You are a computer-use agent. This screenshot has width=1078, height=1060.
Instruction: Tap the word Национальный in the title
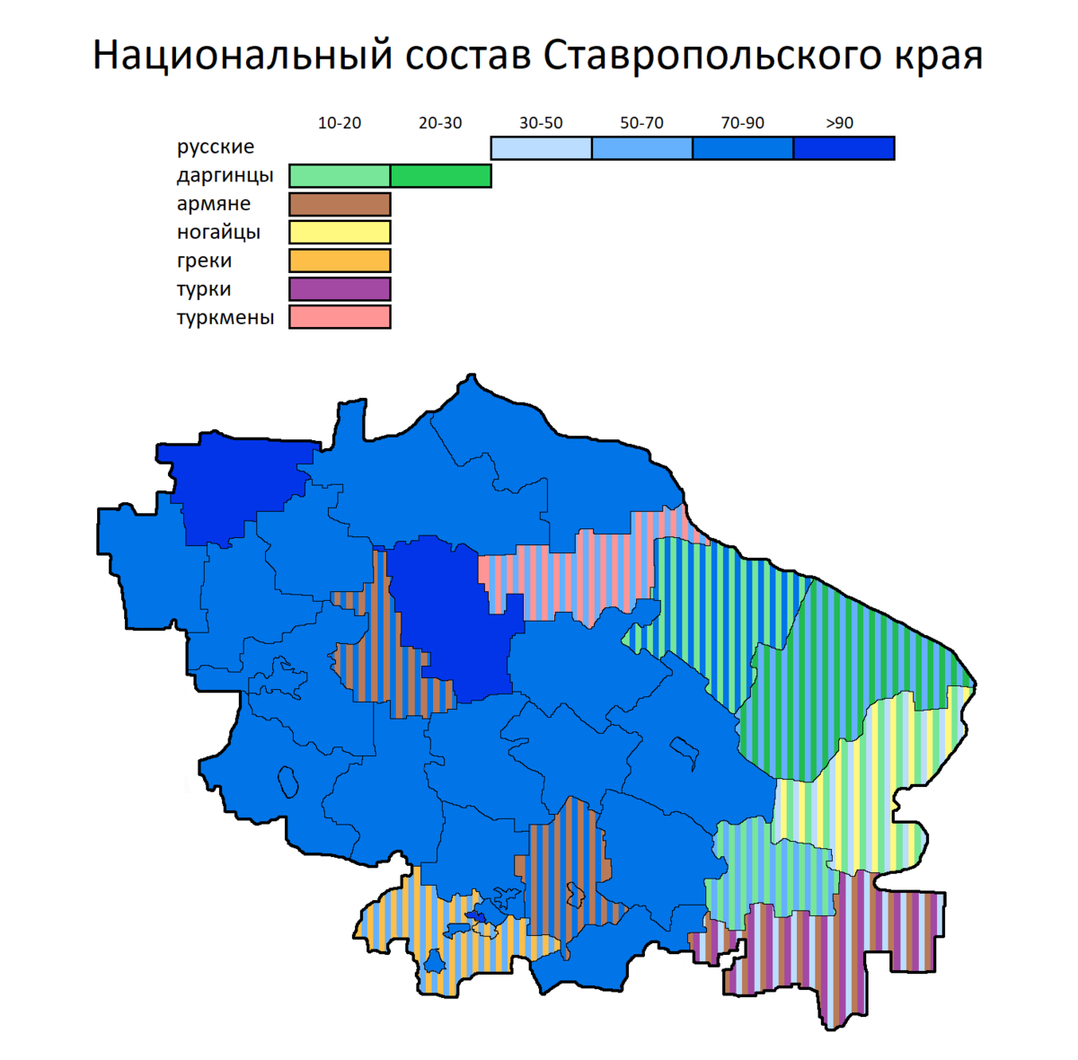point(243,57)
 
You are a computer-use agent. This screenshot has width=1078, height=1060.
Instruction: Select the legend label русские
point(216,146)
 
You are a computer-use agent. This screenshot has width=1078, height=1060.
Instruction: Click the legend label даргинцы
point(225,175)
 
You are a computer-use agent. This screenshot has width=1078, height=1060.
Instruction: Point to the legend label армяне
point(214,204)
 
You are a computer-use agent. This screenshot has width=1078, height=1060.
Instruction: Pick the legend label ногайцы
point(218,233)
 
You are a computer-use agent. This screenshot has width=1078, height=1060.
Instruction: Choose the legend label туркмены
point(225,317)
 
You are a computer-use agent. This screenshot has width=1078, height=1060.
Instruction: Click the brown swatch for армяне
point(340,204)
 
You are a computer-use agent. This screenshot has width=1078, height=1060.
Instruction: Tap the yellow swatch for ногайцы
point(340,233)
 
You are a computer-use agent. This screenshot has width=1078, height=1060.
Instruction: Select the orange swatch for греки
point(340,261)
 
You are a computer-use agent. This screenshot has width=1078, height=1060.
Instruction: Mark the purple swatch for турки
point(340,289)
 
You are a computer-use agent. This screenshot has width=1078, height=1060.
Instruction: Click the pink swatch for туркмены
point(340,317)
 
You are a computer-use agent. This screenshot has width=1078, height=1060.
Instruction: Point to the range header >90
point(839,123)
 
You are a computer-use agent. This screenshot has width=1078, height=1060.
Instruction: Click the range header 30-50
point(541,123)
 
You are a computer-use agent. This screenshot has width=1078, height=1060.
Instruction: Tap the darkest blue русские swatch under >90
point(844,148)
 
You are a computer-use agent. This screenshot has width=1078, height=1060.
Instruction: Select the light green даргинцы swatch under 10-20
point(340,176)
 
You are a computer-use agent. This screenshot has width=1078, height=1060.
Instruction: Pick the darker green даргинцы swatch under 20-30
point(440,176)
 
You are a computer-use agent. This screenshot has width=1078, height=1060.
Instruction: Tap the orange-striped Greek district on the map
point(458,952)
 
